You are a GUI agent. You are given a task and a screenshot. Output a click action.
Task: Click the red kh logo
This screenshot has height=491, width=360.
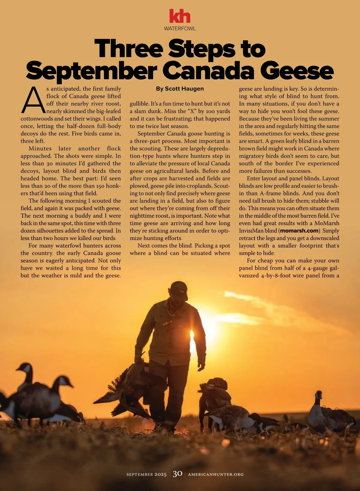180,16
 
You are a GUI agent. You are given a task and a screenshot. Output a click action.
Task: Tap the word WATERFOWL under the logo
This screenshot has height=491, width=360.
180,28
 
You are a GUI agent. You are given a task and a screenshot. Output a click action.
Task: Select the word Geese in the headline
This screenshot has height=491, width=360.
297,71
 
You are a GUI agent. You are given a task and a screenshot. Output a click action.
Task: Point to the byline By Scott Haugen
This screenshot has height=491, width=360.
180,89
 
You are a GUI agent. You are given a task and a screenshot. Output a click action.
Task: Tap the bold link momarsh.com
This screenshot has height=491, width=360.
299,231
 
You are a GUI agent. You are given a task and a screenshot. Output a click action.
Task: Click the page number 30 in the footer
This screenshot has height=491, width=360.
177,474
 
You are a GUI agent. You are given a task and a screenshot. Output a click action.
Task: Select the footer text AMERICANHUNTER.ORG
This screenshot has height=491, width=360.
216,474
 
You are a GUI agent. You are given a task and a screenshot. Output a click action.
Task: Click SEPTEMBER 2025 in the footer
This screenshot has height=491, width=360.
146,474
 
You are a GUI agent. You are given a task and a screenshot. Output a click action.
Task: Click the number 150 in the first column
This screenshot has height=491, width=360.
100,186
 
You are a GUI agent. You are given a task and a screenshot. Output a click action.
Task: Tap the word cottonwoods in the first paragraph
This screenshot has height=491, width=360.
37,119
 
